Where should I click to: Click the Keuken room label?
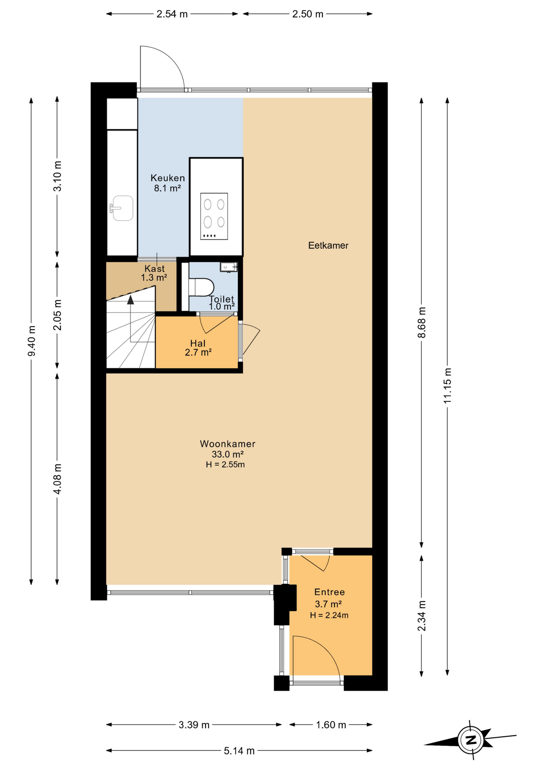tap(167, 178)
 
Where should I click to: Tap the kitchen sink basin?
tap(123, 208)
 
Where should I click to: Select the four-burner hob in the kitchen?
tap(214, 216)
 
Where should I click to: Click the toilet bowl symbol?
tap(201, 287)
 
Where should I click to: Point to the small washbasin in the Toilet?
tap(228, 267)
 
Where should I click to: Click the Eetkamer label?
tap(328, 245)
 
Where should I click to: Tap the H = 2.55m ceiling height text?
tap(225, 465)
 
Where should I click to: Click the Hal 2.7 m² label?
tap(198, 348)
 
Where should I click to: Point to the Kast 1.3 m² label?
tap(154, 273)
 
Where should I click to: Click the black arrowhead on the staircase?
tap(131, 300)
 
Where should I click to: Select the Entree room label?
tap(329, 592)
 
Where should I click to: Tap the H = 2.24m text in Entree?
tap(329, 615)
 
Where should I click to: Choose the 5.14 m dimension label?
tap(239, 751)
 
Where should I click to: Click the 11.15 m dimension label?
tap(447, 385)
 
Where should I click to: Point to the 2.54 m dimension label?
tap(172, 14)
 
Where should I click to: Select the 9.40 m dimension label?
tap(32, 340)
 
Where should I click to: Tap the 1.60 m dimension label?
tap(331, 725)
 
